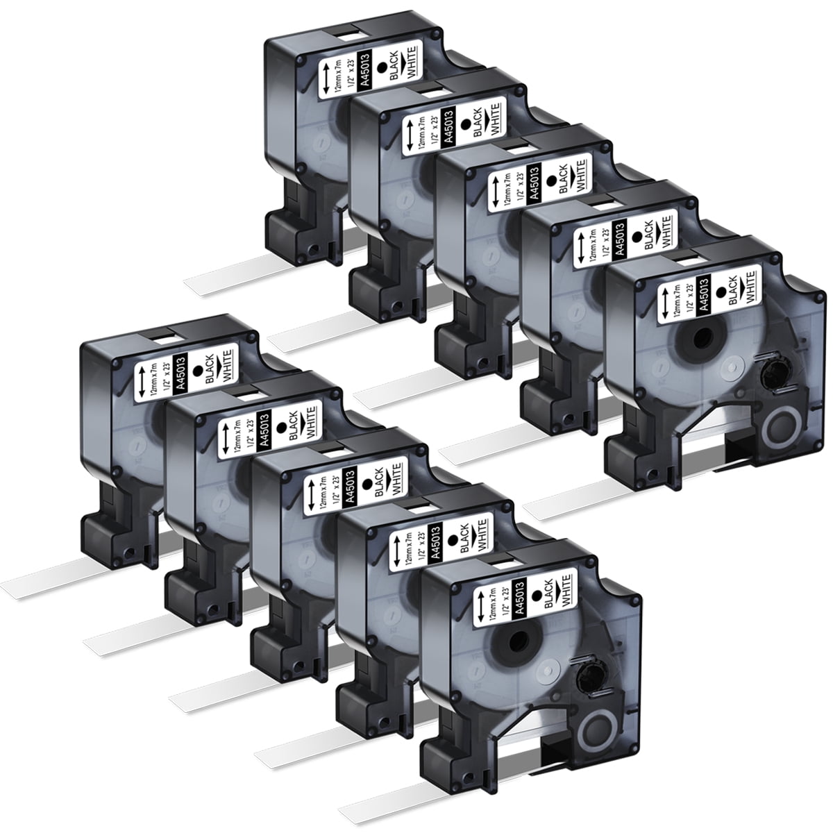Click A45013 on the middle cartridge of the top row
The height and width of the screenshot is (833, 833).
pyautogui.click(x=535, y=183)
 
